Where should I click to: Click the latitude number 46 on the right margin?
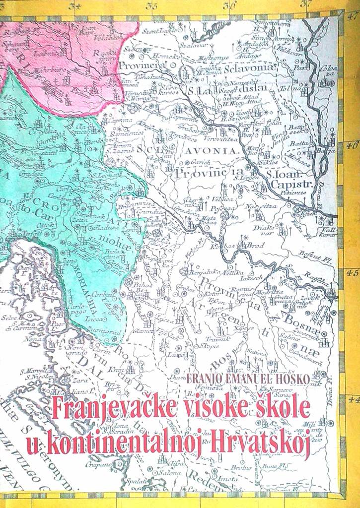click(352, 147)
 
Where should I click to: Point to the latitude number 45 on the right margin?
click(352, 273)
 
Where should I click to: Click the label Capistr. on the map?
click(287, 185)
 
